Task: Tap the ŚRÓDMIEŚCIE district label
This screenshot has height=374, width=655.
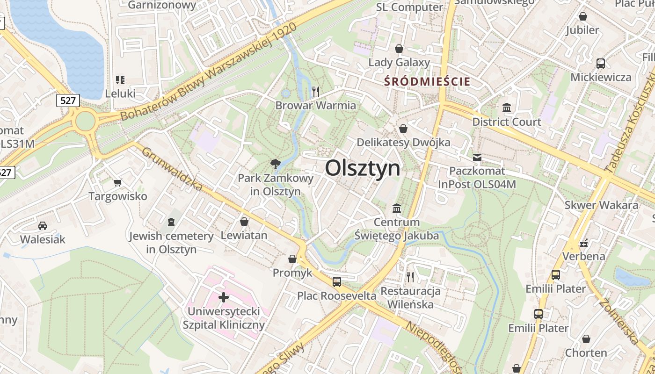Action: pyautogui.click(x=427, y=81)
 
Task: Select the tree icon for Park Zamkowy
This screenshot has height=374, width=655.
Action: pyautogui.click(x=276, y=164)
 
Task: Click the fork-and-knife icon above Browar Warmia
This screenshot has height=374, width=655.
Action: pyautogui.click(x=316, y=91)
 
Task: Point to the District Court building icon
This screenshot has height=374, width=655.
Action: pyautogui.click(x=506, y=108)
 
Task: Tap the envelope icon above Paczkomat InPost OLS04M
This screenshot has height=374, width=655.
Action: pyautogui.click(x=477, y=158)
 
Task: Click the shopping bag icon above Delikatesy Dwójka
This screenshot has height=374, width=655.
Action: pyautogui.click(x=403, y=128)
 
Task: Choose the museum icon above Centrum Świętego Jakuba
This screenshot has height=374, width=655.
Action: pyautogui.click(x=397, y=208)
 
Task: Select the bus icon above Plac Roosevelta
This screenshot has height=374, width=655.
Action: pyautogui.click(x=336, y=281)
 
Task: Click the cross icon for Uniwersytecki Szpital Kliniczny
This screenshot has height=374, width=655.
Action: pyautogui.click(x=224, y=297)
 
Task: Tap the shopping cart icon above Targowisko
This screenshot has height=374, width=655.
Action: pyautogui.click(x=117, y=182)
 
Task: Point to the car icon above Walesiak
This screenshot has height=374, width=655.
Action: pyautogui.click(x=42, y=225)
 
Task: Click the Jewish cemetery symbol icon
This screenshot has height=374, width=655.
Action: pyautogui.click(x=171, y=222)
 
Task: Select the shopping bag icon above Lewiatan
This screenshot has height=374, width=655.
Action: pyautogui.click(x=244, y=221)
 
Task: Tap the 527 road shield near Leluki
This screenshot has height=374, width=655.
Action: pyautogui.click(x=68, y=100)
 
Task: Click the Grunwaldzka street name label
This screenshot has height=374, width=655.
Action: pyautogui.click(x=172, y=169)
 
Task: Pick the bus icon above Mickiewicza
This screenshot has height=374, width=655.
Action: pyautogui.click(x=601, y=64)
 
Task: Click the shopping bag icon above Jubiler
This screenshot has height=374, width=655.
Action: pyautogui.click(x=583, y=16)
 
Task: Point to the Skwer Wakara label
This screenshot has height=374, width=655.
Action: pyautogui.click(x=601, y=205)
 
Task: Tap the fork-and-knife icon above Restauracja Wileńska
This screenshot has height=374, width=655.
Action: pyautogui.click(x=410, y=277)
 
